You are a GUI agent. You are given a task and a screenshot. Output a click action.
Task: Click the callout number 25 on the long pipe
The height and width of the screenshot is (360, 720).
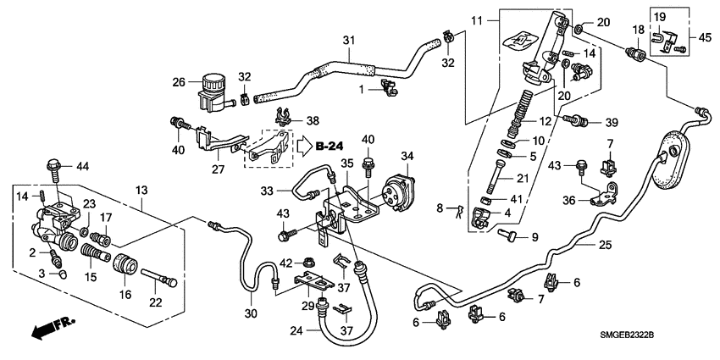[x=604, y=245]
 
